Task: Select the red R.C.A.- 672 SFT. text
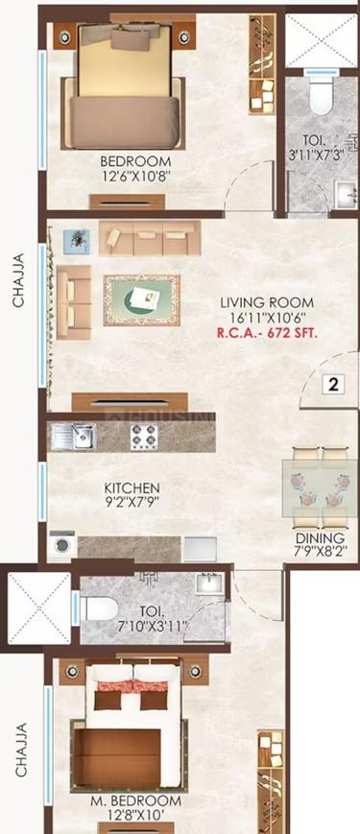(x=268, y=333)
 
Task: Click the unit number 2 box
(x=334, y=386)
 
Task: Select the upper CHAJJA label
(x=18, y=280)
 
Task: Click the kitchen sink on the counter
(x=74, y=437)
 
